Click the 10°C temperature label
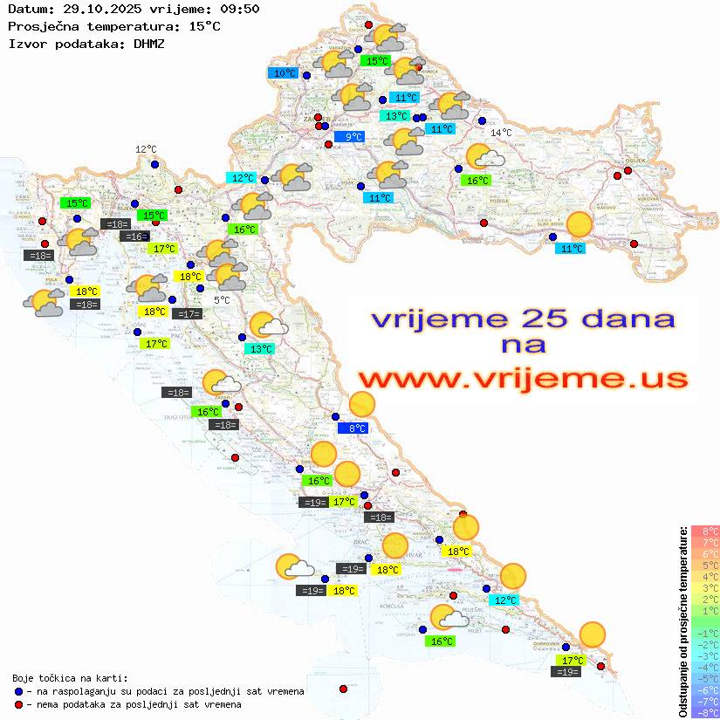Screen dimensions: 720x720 285,73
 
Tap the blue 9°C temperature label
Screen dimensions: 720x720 349,137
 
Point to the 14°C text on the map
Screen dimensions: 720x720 501,133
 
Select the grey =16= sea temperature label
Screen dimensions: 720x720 134,237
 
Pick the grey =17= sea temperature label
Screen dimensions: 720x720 187,313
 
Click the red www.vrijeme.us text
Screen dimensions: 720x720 523,379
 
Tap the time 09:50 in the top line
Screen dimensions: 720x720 239,9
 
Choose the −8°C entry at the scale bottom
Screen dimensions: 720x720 705,712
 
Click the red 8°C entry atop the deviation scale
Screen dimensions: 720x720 705,531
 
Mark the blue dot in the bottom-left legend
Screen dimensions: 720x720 19,690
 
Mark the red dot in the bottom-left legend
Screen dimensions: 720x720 19,703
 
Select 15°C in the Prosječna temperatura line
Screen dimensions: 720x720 204,25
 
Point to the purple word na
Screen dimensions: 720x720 523,345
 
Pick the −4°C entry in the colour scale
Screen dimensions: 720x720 705,667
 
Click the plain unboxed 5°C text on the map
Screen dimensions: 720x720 222,299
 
